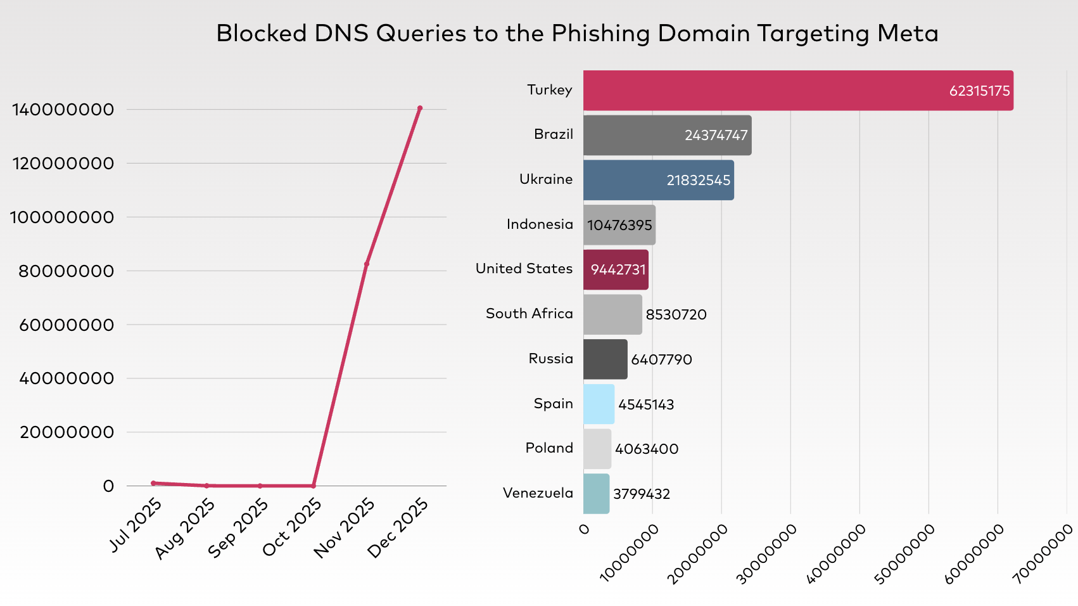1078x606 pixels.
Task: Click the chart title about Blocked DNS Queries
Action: (x=577, y=34)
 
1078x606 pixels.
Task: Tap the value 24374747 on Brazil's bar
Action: (x=716, y=135)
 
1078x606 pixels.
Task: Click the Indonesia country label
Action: (x=540, y=224)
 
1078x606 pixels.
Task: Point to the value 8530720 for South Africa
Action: (x=676, y=314)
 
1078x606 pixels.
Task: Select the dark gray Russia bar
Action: (x=605, y=359)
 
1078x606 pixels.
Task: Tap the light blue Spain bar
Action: (x=599, y=404)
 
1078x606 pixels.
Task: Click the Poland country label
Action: (x=549, y=448)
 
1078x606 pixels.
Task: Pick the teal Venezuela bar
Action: (x=596, y=494)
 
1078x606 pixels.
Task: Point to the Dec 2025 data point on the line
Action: (x=420, y=108)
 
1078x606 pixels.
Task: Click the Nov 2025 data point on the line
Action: (x=367, y=264)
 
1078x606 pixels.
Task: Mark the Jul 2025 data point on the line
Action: (x=153, y=483)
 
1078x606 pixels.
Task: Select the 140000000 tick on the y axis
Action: (x=63, y=110)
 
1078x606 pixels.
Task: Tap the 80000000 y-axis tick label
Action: (x=67, y=271)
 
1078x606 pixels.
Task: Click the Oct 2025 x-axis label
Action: (x=293, y=527)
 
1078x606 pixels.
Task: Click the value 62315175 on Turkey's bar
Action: (x=979, y=91)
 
